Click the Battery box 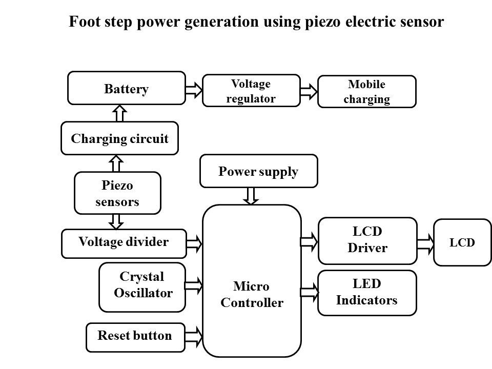[x=127, y=88]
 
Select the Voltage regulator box [x=251, y=91]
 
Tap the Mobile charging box [x=366, y=92]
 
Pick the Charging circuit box [x=119, y=138]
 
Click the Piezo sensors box [x=117, y=193]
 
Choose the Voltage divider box [x=123, y=243]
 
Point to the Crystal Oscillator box [x=142, y=287]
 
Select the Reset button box [x=135, y=337]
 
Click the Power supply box [x=258, y=171]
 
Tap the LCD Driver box [x=367, y=240]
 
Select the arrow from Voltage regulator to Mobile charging [x=309, y=92]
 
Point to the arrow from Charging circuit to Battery [x=119, y=113]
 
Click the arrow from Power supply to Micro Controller [x=252, y=196]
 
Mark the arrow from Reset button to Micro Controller [x=194, y=337]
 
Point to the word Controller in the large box [x=252, y=303]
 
